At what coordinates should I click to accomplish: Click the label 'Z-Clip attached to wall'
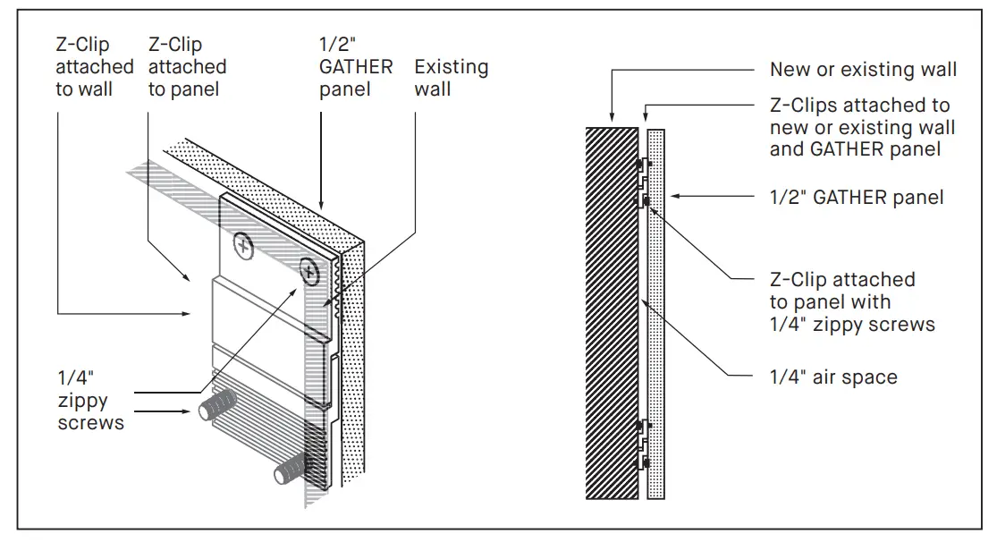click(x=94, y=67)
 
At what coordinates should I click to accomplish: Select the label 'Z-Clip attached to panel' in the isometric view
click(x=187, y=67)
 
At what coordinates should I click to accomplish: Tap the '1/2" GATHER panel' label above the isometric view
click(x=355, y=67)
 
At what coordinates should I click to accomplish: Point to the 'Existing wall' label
click(x=451, y=79)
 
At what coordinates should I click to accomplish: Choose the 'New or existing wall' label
click(x=863, y=70)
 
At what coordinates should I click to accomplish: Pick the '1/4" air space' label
click(x=833, y=377)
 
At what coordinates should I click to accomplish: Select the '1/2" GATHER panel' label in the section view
click(x=857, y=197)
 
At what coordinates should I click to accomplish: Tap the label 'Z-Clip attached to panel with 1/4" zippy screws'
click(x=852, y=302)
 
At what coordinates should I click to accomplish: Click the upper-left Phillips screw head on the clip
click(x=242, y=242)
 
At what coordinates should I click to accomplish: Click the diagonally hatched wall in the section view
click(x=611, y=313)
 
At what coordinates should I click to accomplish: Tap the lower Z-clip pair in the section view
click(x=642, y=445)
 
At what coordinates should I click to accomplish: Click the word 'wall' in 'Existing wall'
click(x=433, y=90)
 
